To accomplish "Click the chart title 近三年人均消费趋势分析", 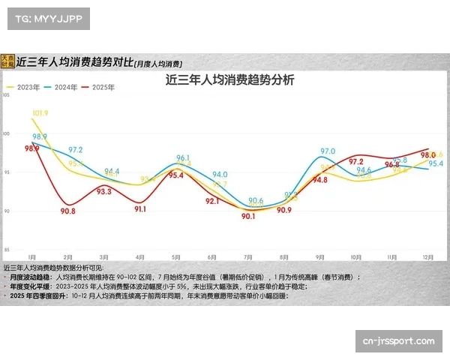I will point(229,80).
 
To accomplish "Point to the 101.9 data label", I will point(40,113).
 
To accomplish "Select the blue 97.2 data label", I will point(76,150).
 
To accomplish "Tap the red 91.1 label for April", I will point(140,209).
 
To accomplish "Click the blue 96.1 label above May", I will point(183,158).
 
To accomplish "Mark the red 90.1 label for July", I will point(248,216).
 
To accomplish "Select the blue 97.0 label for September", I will point(327,151).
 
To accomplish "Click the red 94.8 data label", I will point(320,180).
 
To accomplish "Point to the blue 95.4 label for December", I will point(436,163).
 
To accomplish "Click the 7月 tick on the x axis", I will point(248,256).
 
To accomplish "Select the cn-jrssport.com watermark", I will point(398,341).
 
